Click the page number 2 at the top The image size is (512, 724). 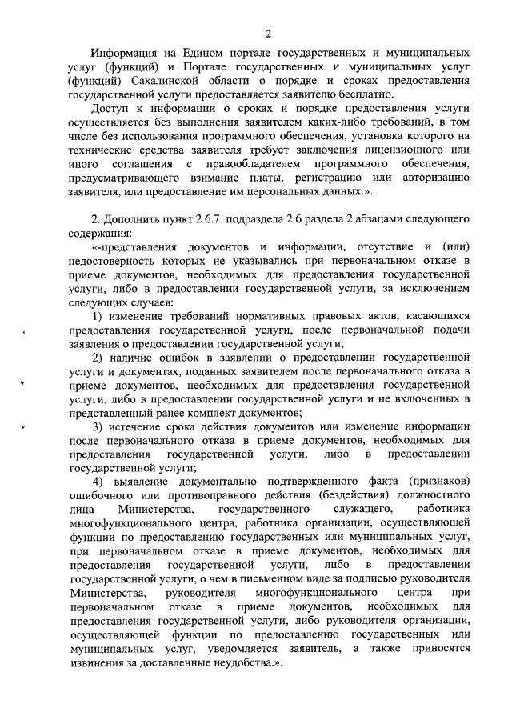269,33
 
